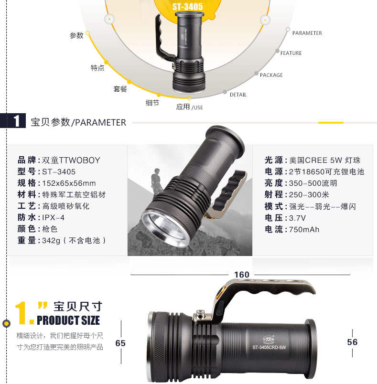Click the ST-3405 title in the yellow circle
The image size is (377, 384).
coord(187,7)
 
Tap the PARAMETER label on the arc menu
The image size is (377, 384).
coord(307,33)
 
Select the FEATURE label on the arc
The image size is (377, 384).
coord(291,53)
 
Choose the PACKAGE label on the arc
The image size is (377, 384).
coord(271,75)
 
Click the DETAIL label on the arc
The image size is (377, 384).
coord(238,95)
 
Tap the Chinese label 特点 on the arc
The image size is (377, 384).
coord(97,68)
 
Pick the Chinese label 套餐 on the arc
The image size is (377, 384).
coord(120,89)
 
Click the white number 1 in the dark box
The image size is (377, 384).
coord(16,120)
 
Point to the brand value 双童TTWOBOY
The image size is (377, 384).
coord(71,160)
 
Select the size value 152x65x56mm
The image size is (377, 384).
coord(69,183)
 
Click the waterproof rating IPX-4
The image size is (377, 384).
coord(53,217)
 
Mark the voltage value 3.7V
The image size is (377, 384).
coord(297,218)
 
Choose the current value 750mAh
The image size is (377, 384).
coord(304,229)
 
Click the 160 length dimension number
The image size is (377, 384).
coord(241,275)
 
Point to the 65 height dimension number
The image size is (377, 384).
coord(120,343)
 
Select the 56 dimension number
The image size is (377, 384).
coord(352,342)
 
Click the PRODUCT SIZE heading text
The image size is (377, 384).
coord(68,320)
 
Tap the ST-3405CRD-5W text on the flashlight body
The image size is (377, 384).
coord(269,347)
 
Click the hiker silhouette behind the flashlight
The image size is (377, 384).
coord(156,181)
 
